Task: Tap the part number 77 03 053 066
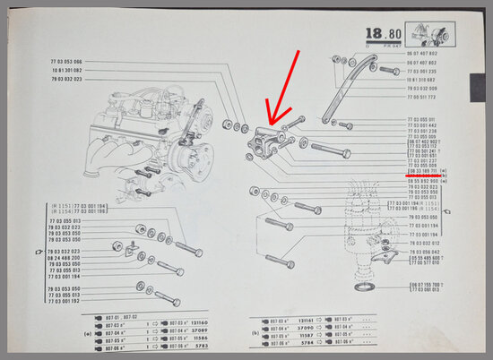63,61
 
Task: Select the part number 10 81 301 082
63,70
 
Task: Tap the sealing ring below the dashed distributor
366,287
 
